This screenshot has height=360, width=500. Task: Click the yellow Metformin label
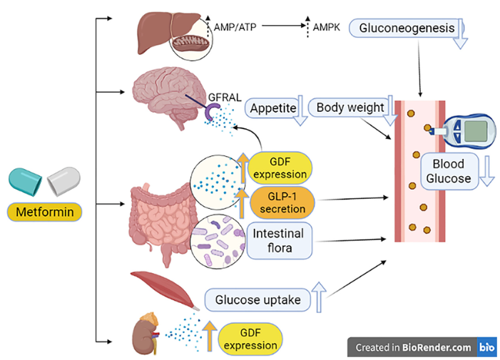pyautogui.click(x=45, y=212)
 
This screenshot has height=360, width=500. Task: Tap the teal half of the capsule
pyautogui.click(x=25, y=182)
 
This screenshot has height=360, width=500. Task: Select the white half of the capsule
pyautogui.click(x=63, y=181)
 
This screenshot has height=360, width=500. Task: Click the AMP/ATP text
pyautogui.click(x=235, y=27)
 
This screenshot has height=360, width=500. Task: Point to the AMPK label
pyautogui.click(x=327, y=27)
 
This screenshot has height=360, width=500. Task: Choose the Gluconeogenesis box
pyautogui.click(x=407, y=28)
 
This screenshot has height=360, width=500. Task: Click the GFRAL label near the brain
pyautogui.click(x=225, y=97)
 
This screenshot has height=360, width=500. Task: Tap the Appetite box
pyautogui.click(x=273, y=108)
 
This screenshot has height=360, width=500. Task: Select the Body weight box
pyautogui.click(x=350, y=108)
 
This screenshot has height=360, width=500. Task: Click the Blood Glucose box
pyautogui.click(x=449, y=171)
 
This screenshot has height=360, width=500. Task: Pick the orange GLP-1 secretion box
pyautogui.click(x=282, y=202)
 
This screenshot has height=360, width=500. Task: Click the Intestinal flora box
pyautogui.click(x=279, y=240)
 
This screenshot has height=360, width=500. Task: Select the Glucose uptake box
pyautogui.click(x=257, y=300)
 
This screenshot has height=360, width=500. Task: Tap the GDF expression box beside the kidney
pyautogui.click(x=250, y=339)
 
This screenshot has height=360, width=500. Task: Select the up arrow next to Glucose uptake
pyautogui.click(x=319, y=297)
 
